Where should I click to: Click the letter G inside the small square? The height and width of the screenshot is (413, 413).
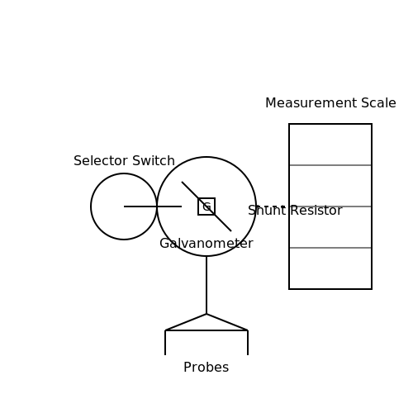[x=206, y=206]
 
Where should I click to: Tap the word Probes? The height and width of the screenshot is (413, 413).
[x=206, y=368]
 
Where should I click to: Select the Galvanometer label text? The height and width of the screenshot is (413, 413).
[x=206, y=244]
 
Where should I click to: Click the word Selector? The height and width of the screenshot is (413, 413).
[x=101, y=160]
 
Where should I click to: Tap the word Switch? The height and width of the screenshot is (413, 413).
[x=154, y=160]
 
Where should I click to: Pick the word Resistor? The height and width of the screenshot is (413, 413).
[x=316, y=211]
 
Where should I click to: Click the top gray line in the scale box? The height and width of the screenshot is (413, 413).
[x=330, y=165]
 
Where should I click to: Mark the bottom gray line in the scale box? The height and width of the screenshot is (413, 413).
[x=330, y=248]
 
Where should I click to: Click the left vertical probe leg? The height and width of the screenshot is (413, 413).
[x=165, y=343]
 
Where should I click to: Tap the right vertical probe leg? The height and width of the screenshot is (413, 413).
[x=248, y=343]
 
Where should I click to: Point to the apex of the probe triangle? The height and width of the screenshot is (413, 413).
[x=206, y=314]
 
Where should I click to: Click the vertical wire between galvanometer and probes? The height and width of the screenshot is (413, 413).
[x=206, y=285]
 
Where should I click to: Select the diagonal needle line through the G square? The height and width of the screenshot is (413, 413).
[x=206, y=206]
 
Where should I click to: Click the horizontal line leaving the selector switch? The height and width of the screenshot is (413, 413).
[x=153, y=206]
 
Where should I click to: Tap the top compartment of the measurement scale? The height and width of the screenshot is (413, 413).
[x=330, y=145]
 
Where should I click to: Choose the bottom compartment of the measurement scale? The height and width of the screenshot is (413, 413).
[x=330, y=268]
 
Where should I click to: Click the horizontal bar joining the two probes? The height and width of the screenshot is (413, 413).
[x=206, y=330]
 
